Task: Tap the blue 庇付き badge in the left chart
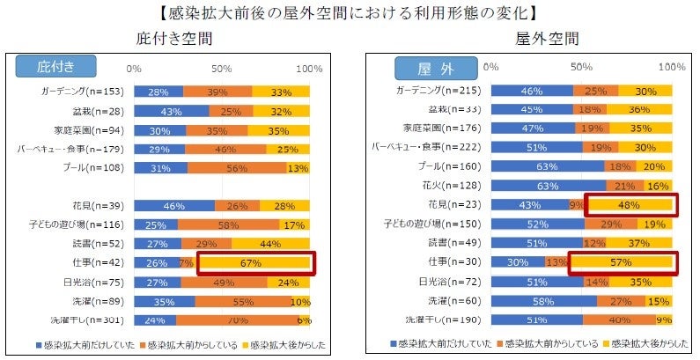[x=54, y=67]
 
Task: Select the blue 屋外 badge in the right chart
[x=438, y=67]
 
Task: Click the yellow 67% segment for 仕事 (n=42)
[x=253, y=262]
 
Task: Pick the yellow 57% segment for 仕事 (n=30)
[x=622, y=261]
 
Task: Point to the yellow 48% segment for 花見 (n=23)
[x=629, y=204]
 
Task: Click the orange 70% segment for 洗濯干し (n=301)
[x=239, y=320]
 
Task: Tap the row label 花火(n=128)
[x=452, y=185]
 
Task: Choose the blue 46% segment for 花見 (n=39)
[x=174, y=205]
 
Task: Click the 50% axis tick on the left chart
[x=222, y=68]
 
